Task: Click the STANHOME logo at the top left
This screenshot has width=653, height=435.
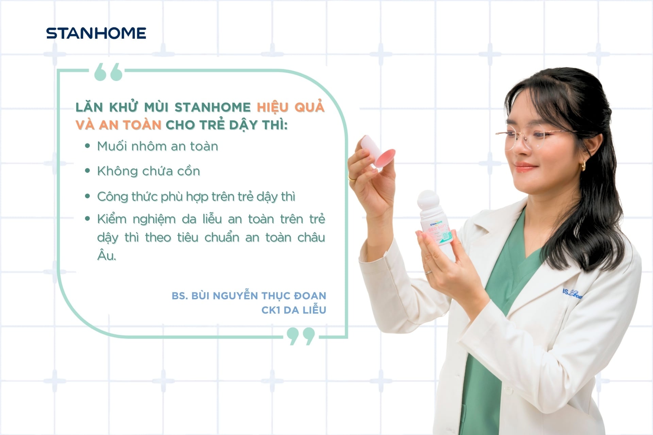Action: pyautogui.click(x=96, y=33)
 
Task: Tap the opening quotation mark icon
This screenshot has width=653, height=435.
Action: pyautogui.click(x=108, y=72)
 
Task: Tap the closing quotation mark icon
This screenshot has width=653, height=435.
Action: pyautogui.click(x=301, y=336)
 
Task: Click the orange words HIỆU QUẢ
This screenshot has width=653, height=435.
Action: pyautogui.click(x=290, y=107)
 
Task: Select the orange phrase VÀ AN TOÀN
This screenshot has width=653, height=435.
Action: pyautogui.click(x=118, y=125)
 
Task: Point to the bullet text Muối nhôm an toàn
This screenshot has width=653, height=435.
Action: pyautogui.click(x=157, y=146)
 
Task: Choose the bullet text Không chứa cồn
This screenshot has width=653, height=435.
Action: pyautogui.click(x=149, y=171)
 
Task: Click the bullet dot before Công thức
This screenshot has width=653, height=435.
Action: pyautogui.click(x=88, y=196)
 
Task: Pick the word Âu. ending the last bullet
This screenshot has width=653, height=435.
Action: pyautogui.click(x=106, y=256)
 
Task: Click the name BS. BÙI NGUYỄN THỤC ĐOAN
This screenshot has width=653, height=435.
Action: pyautogui.click(x=249, y=296)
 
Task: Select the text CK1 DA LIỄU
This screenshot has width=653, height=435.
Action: pyautogui.click(x=294, y=310)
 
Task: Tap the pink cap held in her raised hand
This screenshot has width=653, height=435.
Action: pyautogui.click(x=378, y=152)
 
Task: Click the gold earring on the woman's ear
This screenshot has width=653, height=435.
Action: pyautogui.click(x=584, y=166)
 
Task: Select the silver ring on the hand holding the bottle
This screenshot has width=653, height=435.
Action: pyautogui.click(x=429, y=272)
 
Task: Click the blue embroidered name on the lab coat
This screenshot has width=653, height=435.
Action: pyautogui.click(x=572, y=294)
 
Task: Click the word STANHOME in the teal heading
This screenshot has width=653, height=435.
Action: pyautogui.click(x=213, y=107)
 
